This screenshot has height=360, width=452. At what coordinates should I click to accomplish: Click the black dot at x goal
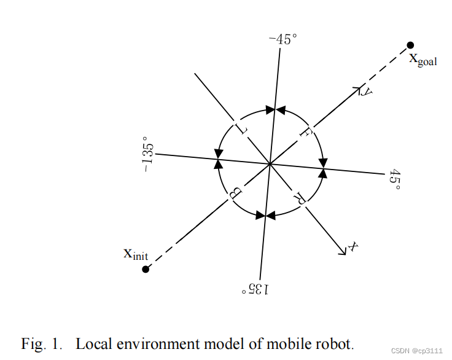coord(410,45)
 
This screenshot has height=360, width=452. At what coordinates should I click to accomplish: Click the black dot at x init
coord(146,269)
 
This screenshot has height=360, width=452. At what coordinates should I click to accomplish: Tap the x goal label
coord(423,60)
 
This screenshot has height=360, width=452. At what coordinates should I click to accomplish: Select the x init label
coord(136,253)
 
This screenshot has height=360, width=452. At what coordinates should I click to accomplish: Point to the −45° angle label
coord(282,39)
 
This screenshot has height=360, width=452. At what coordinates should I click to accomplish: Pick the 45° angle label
coord(394,179)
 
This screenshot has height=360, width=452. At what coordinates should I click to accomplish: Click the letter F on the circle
coord(305,131)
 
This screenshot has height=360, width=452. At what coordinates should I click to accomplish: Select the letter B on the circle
coord(235,194)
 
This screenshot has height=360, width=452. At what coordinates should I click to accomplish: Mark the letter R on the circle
coord(300,197)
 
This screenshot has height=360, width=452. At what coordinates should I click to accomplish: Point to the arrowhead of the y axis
coord(356,90)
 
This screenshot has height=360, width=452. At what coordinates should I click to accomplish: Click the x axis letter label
coord(353,246)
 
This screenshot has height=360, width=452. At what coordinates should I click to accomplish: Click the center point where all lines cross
coord(270,163)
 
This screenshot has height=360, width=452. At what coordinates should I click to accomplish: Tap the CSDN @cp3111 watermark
coord(417,350)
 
